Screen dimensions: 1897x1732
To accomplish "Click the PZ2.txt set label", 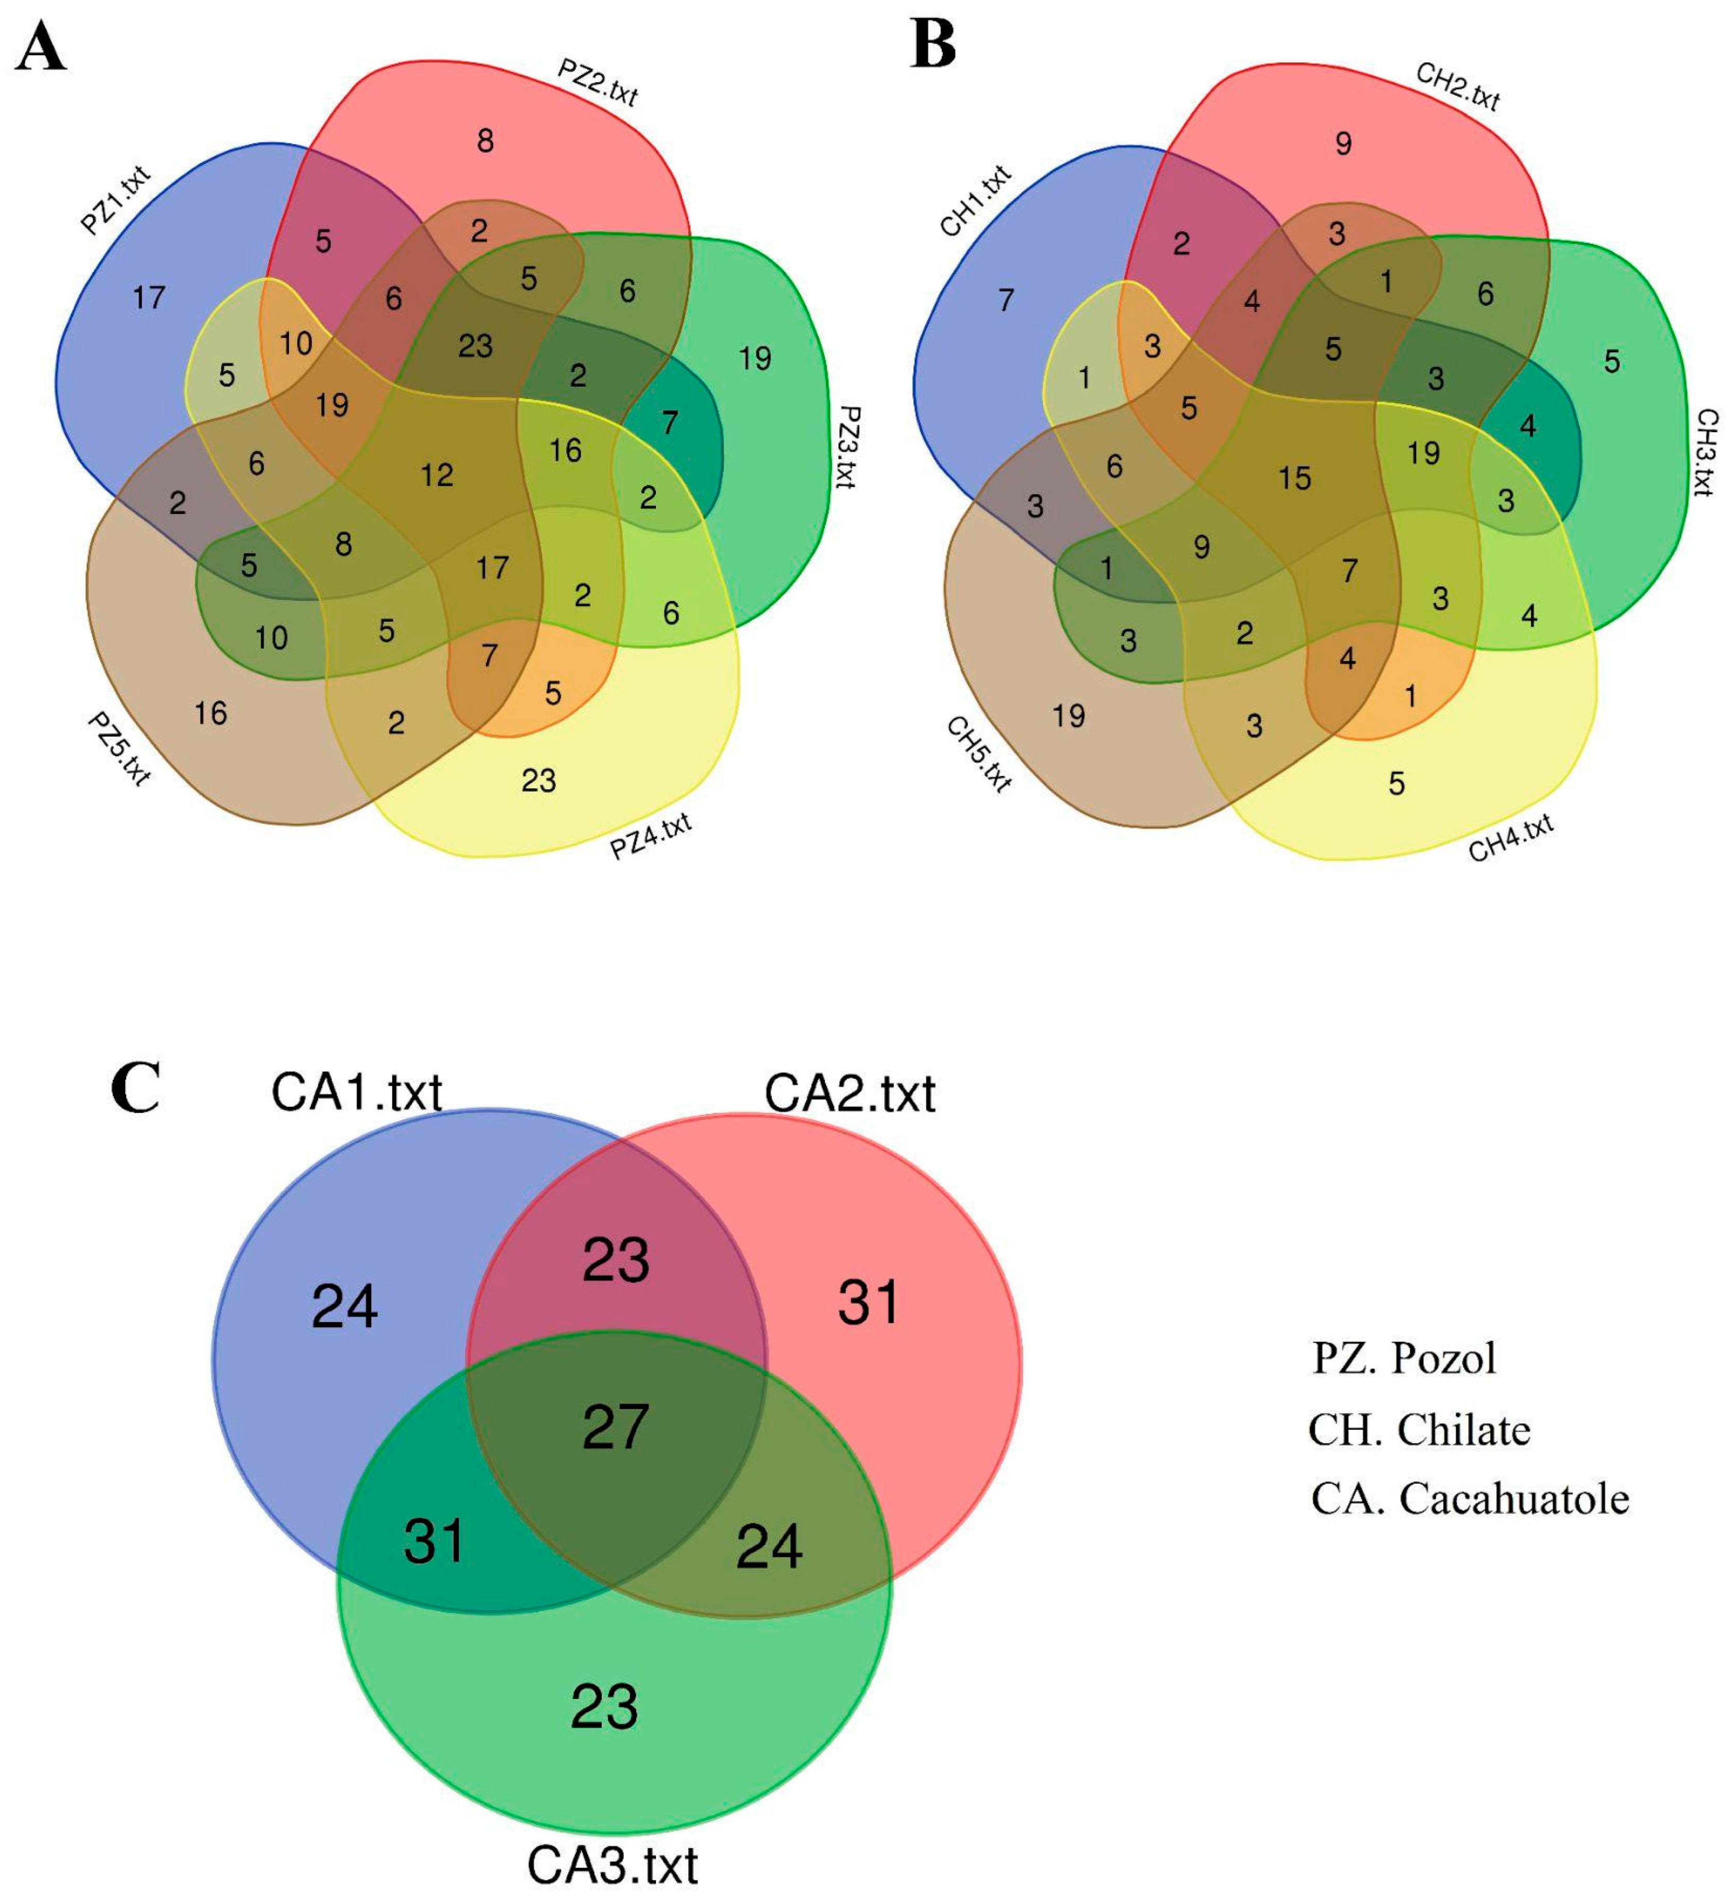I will click(597, 83).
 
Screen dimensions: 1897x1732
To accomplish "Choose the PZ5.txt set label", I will click(119, 748).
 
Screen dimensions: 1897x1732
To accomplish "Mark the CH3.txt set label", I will click(1706, 452).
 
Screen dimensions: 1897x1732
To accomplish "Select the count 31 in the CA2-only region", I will click(868, 1303).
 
